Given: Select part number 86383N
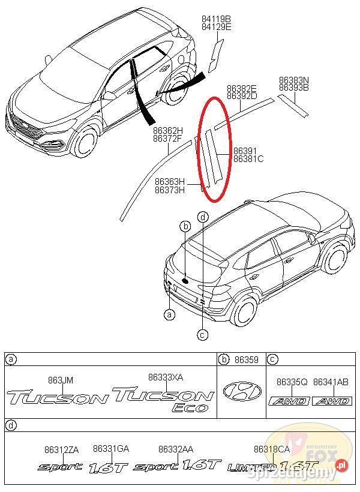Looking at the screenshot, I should point(293,80).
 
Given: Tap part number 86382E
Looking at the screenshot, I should point(242,88).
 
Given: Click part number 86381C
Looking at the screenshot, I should point(248,159).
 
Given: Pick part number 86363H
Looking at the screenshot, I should point(170,182).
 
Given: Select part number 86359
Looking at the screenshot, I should point(247,360).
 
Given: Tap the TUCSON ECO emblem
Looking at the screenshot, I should point(164,398).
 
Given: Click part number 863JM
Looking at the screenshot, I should point(60,380).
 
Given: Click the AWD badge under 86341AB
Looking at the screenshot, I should point(331,401).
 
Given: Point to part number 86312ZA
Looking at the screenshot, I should point(61,449).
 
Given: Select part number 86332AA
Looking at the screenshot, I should point(175,449).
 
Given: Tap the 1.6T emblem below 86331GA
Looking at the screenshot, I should point(109,466).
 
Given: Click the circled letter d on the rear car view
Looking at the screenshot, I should point(203,216).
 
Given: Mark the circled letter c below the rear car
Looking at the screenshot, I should point(203,334).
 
